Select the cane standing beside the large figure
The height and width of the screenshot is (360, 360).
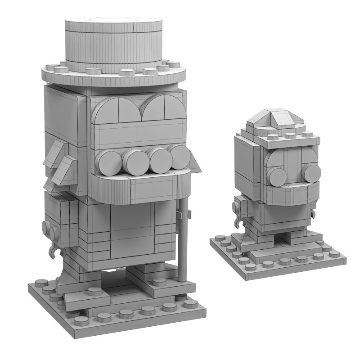click(x=181, y=243)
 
